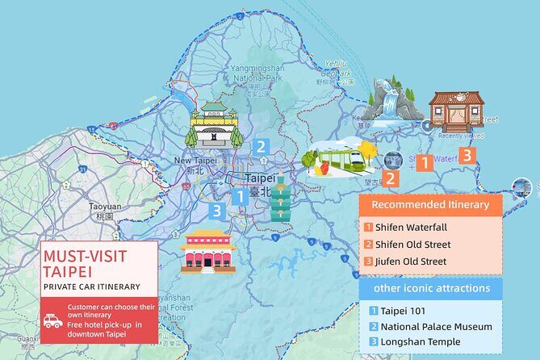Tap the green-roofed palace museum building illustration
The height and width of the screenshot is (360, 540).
click(215, 124)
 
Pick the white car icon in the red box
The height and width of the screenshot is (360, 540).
click(53, 320)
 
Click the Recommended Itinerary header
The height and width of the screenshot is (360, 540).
click(430, 205)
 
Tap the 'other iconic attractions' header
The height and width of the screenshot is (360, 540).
click(430, 289)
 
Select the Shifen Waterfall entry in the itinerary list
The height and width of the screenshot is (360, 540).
click(410, 227)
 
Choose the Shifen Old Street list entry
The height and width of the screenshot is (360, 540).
click(411, 244)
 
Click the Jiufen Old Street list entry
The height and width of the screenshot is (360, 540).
click(410, 261)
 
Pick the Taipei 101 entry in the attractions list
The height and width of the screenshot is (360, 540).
click(393, 311)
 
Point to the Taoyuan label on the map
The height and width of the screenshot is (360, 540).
click(104, 206)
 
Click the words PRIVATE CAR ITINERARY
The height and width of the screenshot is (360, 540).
click(92, 287)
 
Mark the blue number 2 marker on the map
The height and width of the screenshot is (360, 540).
click(260, 147)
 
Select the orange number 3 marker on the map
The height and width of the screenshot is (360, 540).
click(466, 155)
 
